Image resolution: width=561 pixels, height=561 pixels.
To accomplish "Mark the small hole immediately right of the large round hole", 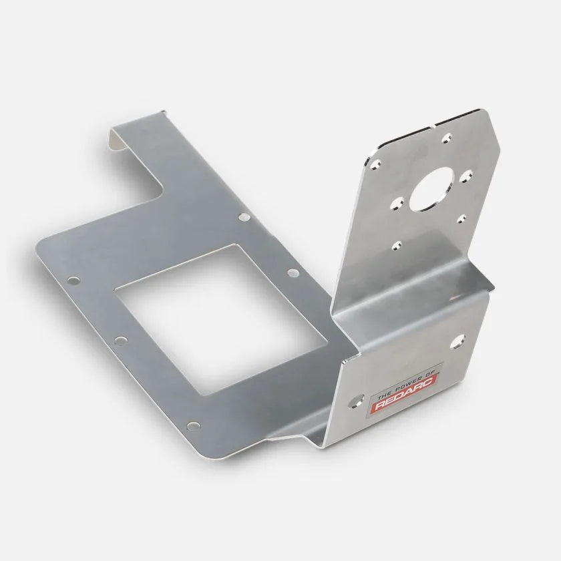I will tap(463, 177).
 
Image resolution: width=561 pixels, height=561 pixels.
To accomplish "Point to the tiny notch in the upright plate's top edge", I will tap(435, 124).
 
